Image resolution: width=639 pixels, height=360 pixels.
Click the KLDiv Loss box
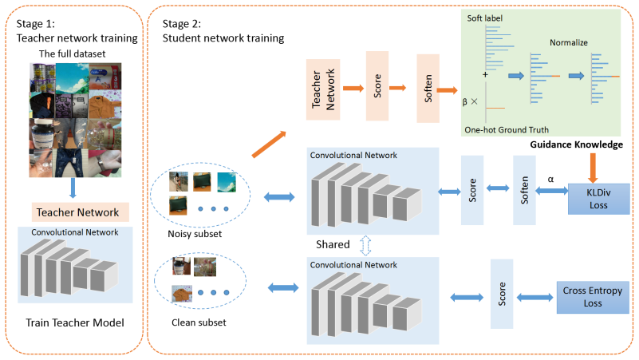(x=598, y=199)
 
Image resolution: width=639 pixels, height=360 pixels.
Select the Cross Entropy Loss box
(x=593, y=297)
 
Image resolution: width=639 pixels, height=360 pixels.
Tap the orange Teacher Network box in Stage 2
(x=323, y=89)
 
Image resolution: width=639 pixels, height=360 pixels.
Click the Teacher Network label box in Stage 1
(x=81, y=212)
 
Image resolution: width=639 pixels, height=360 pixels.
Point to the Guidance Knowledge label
(x=576, y=144)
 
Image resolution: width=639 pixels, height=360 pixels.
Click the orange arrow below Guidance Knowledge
(x=593, y=168)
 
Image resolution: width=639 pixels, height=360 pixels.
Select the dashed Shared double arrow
(x=365, y=245)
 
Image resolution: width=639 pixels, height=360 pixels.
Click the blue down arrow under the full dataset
(x=73, y=188)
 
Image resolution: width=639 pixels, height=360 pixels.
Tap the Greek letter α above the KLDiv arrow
(x=550, y=180)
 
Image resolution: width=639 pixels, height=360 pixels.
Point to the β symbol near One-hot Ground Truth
(x=464, y=102)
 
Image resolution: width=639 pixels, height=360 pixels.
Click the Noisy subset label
(x=195, y=234)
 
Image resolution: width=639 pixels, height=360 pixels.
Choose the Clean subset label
(x=199, y=322)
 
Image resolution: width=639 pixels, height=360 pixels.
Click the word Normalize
(x=569, y=42)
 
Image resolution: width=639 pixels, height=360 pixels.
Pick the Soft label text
(x=484, y=18)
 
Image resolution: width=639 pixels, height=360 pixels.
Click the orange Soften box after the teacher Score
(x=428, y=88)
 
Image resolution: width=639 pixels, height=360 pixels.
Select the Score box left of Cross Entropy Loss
(x=502, y=294)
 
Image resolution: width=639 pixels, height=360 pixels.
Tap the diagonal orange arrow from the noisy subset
(x=269, y=144)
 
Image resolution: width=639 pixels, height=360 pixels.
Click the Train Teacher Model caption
(x=75, y=323)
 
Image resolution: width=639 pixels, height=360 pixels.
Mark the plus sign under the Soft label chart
(x=485, y=74)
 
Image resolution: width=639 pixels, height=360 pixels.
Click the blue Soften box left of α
(x=524, y=190)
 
